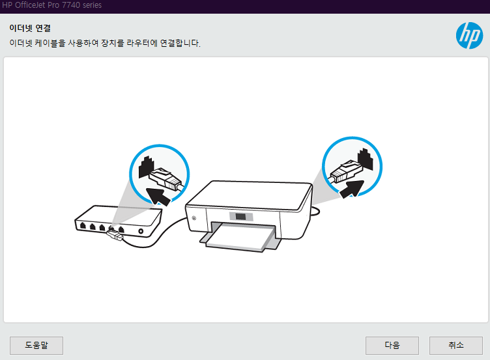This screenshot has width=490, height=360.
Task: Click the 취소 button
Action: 456,345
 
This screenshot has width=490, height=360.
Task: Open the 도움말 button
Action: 36,345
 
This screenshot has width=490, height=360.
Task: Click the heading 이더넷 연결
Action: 30,28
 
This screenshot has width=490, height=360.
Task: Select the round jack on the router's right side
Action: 141,230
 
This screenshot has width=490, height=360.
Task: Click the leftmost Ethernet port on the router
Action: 83,226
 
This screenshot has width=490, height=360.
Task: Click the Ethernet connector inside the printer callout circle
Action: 345,171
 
